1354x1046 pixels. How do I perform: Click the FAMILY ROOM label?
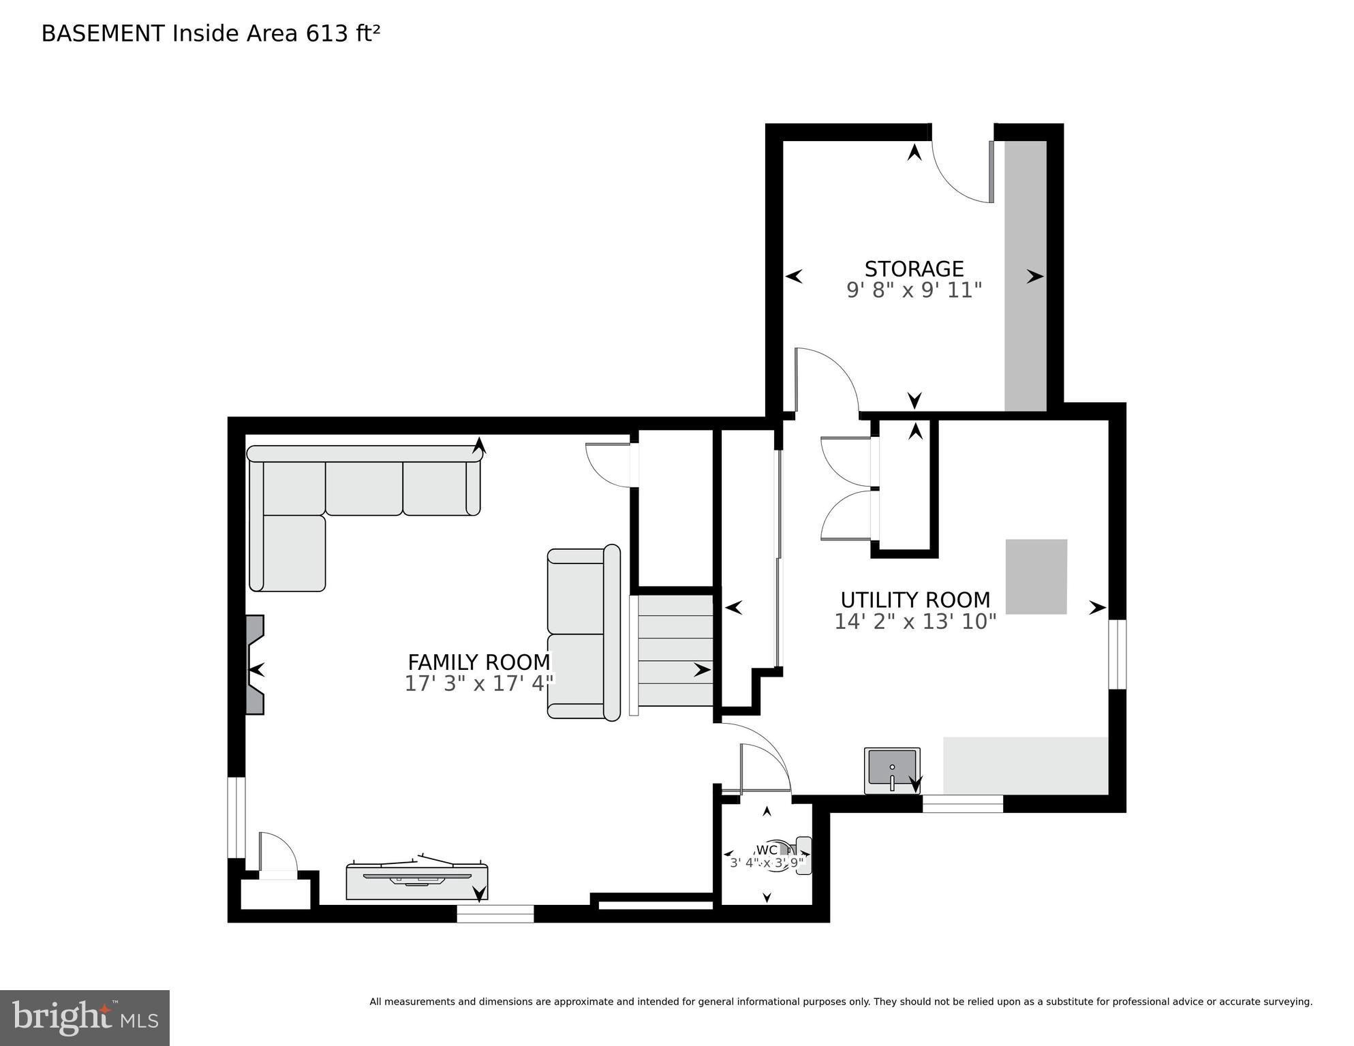[478, 662]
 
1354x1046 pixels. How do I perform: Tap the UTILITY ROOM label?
[914, 600]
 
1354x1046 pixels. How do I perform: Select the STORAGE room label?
[914, 268]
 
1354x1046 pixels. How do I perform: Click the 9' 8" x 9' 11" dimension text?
[914, 290]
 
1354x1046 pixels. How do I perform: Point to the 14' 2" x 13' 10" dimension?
[914, 621]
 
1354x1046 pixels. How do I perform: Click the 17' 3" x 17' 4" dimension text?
[478, 683]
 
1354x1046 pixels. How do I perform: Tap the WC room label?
[767, 850]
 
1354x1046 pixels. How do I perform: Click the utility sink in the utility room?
[892, 770]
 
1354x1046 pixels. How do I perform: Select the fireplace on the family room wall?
[255, 664]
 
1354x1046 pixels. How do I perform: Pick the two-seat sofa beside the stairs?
[583, 632]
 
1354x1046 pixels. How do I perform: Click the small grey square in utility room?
[1036, 576]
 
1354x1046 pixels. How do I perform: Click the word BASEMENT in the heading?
[103, 33]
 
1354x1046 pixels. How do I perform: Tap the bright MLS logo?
[84, 1017]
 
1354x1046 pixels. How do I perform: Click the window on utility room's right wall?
[1117, 654]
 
